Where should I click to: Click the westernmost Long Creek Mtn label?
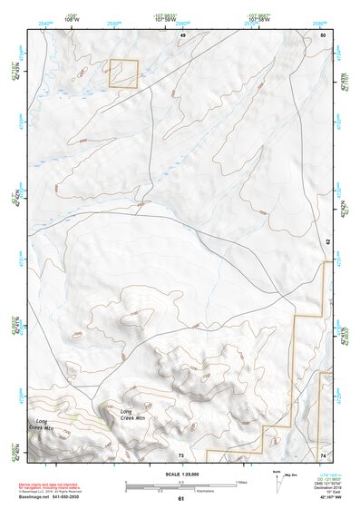tap(47, 425)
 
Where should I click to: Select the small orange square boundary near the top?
tap(122, 74)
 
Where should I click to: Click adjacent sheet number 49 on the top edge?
tap(181, 34)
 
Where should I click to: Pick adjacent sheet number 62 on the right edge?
tap(327, 242)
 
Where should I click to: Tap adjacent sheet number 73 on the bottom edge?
tap(181, 455)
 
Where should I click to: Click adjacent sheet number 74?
tap(322, 455)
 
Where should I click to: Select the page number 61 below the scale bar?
tap(180, 498)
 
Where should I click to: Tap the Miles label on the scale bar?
tap(241, 481)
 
